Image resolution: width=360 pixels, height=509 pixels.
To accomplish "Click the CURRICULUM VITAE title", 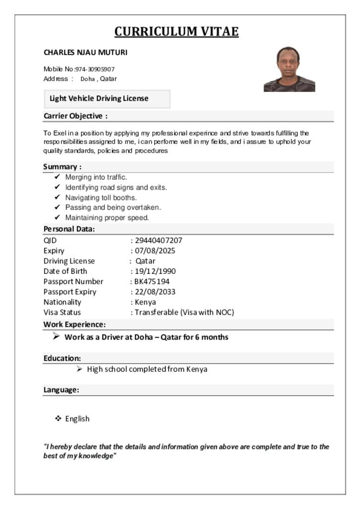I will [x=177, y=32].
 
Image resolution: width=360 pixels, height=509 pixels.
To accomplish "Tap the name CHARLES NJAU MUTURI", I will [x=86, y=52].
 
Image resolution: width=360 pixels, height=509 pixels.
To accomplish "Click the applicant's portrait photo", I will [x=289, y=69].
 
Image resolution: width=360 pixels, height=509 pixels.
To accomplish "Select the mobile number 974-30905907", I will [x=95, y=69].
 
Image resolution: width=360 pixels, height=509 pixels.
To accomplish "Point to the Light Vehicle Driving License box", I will [x=107, y=98].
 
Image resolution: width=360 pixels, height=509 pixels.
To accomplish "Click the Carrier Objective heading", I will [x=76, y=116].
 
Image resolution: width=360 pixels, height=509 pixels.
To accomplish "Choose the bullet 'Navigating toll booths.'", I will [x=101, y=197].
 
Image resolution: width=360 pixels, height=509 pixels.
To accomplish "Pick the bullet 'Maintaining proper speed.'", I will [x=107, y=218].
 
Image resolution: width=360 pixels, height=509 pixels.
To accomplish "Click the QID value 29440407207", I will [x=159, y=241].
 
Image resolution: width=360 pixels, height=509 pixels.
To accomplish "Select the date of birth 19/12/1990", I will [x=155, y=271].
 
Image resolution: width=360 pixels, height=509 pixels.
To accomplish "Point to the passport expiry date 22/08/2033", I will [x=155, y=292].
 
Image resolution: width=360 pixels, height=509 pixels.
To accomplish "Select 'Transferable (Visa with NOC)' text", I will [x=184, y=313].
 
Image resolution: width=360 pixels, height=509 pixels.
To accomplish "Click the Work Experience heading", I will [x=75, y=325].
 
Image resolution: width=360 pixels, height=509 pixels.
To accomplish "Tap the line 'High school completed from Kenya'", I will [x=147, y=369].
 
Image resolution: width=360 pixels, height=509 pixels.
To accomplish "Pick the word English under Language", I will [x=78, y=419].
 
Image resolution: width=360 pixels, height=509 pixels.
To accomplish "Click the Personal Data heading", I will [x=69, y=229].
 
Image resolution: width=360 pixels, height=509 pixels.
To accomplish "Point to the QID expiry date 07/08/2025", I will [x=155, y=251].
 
